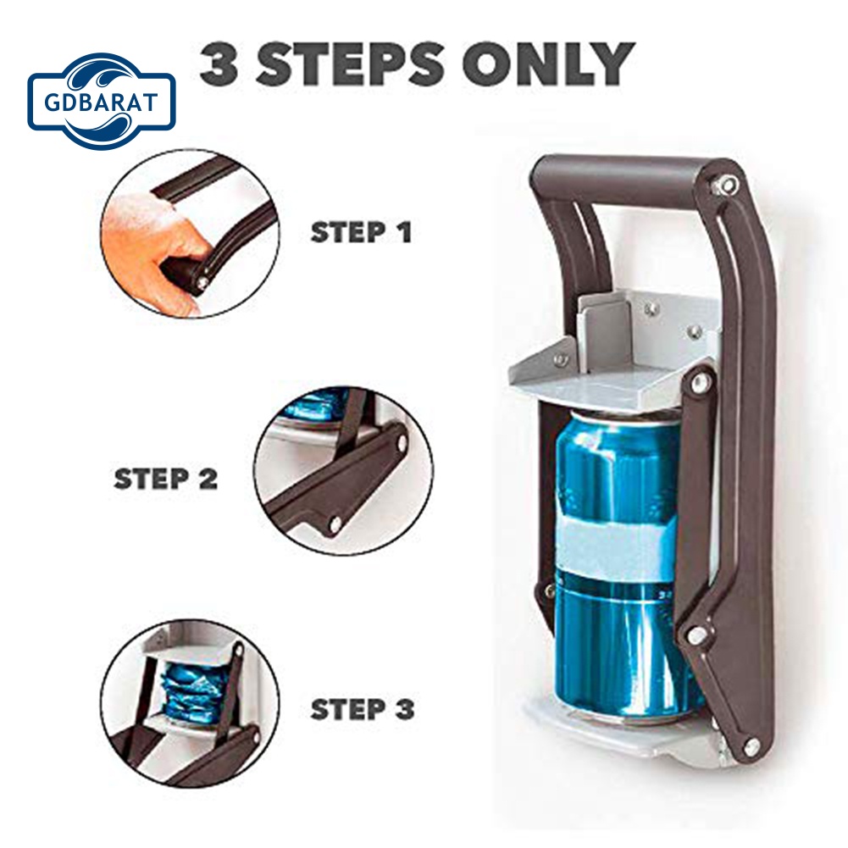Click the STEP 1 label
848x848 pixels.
[361, 232]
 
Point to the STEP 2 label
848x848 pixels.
[166, 479]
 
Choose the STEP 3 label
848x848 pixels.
[363, 709]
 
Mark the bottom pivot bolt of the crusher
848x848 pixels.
[749, 745]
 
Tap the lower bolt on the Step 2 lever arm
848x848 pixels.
[335, 524]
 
